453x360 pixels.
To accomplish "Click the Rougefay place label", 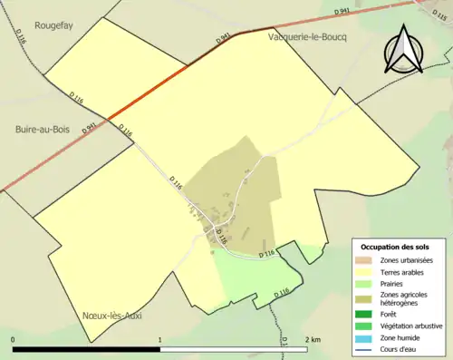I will point(53,26).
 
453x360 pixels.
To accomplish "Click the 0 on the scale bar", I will point(14,339).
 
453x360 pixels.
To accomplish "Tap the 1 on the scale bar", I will point(160,339).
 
